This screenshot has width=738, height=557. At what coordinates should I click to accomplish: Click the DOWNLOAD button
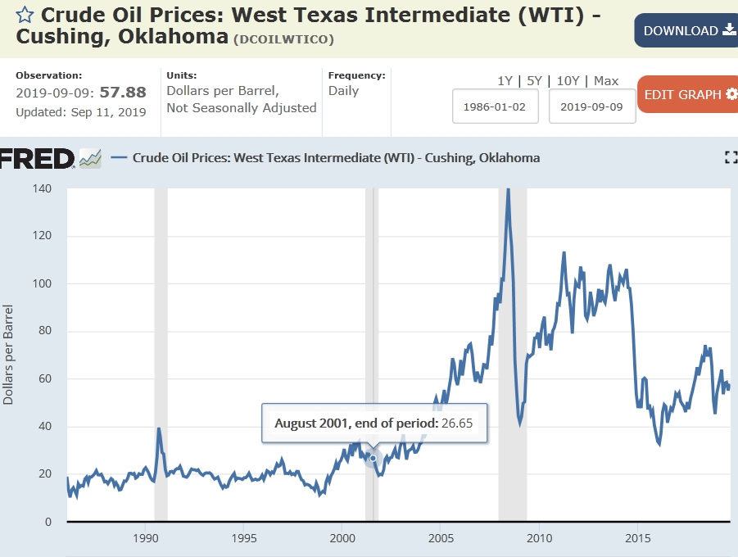click(x=686, y=30)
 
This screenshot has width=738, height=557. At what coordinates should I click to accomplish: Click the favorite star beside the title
click(x=25, y=15)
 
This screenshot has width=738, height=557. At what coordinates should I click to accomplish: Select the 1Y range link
click(x=505, y=81)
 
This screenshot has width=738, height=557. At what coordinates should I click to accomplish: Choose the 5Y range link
click(x=534, y=81)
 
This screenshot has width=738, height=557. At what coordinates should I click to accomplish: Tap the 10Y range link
click(x=566, y=81)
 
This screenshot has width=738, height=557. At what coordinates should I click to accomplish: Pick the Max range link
click(x=606, y=81)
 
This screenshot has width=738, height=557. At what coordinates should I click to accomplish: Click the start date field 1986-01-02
click(x=496, y=106)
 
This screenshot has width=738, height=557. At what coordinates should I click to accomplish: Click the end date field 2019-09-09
click(x=592, y=106)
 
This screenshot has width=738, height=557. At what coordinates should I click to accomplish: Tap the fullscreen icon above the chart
click(x=731, y=158)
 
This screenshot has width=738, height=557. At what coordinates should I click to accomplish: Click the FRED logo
click(x=38, y=158)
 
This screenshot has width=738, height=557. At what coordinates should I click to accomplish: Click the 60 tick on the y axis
click(x=43, y=379)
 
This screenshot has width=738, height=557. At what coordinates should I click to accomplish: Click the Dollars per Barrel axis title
click(x=8, y=355)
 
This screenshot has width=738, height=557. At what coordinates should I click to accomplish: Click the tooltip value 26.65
click(x=459, y=423)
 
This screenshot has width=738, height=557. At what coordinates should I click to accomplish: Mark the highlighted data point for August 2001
click(x=374, y=458)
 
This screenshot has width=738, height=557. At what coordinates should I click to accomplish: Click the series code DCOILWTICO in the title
click(x=283, y=39)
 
